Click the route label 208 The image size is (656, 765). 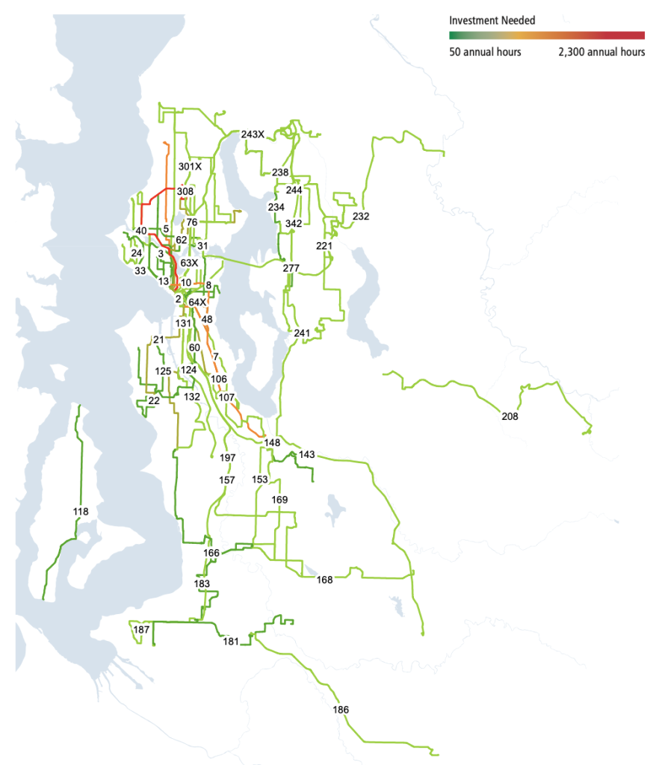(510, 416)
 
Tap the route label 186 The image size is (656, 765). (341, 709)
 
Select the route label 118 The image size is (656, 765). (81, 512)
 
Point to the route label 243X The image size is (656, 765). (253, 134)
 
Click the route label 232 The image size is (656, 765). (361, 216)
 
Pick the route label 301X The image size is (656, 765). (190, 166)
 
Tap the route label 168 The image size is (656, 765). (324, 580)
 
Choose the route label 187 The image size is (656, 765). (141, 630)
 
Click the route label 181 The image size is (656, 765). (231, 641)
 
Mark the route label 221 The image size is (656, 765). (324, 245)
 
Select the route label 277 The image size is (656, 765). (291, 268)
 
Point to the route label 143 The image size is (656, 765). (306, 454)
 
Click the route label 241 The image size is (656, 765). (302, 332)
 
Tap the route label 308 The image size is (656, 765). (185, 191)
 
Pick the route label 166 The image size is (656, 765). (211, 553)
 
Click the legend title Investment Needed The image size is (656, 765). (492, 21)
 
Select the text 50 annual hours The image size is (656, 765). (485, 52)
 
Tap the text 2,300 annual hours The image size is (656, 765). (601, 52)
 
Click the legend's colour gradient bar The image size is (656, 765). (546, 35)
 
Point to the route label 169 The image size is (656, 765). (279, 499)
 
